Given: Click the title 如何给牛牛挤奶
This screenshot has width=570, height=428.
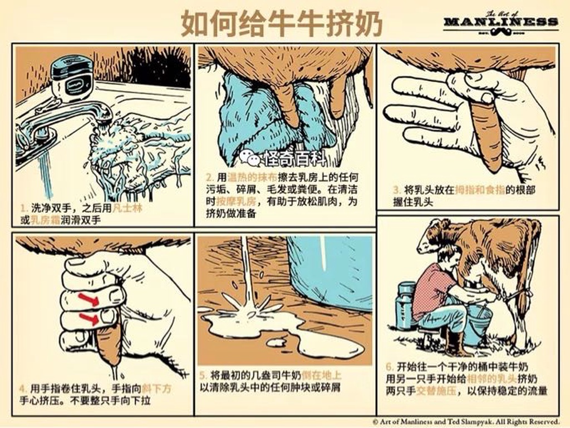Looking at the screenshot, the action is point(282,23).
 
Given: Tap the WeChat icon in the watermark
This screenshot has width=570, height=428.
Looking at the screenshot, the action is point(250,158).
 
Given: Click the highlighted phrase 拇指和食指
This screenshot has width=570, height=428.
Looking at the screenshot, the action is point(480,190).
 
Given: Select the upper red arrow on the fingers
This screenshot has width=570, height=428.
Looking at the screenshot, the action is point(89,300).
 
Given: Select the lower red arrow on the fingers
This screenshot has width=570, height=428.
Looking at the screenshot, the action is point(89,319).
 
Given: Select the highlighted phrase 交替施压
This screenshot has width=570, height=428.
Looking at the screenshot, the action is point(436,391).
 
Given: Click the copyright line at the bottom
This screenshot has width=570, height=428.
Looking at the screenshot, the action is point(466,421).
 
